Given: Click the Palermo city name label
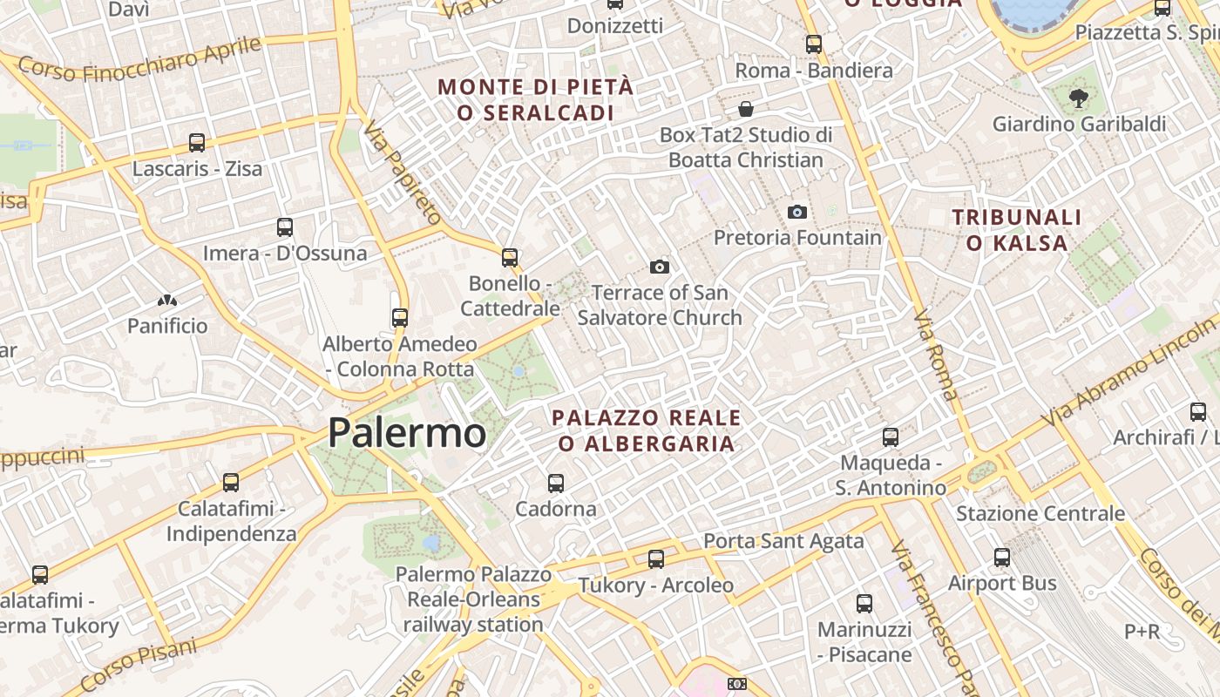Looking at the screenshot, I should (x=407, y=433).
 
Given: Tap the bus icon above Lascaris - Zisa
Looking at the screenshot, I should (x=197, y=142).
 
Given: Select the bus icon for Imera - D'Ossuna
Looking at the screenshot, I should (x=284, y=227).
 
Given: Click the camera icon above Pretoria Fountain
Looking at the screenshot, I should (x=796, y=212).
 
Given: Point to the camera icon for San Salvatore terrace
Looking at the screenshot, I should (x=660, y=267).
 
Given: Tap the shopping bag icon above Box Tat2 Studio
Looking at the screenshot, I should (x=746, y=109).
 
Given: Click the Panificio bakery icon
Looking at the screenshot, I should (x=167, y=301).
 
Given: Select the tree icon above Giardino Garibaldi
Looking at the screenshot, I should (x=1079, y=98).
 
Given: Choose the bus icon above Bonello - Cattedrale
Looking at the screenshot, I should (x=510, y=258).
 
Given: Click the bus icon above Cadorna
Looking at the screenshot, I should (x=555, y=483).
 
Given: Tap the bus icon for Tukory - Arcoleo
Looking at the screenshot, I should (x=656, y=559).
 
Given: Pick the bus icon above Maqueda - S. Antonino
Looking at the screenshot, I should (x=891, y=436).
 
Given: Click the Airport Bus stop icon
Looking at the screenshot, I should (x=1002, y=558).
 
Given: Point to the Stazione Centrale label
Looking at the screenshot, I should (x=1040, y=513).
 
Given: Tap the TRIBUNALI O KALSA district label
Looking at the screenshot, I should (x=1017, y=230).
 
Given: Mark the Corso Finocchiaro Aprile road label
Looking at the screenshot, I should (x=139, y=58).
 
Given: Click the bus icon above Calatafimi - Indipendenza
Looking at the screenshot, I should (x=231, y=482).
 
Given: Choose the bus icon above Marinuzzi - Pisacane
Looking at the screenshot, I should (x=864, y=603).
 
